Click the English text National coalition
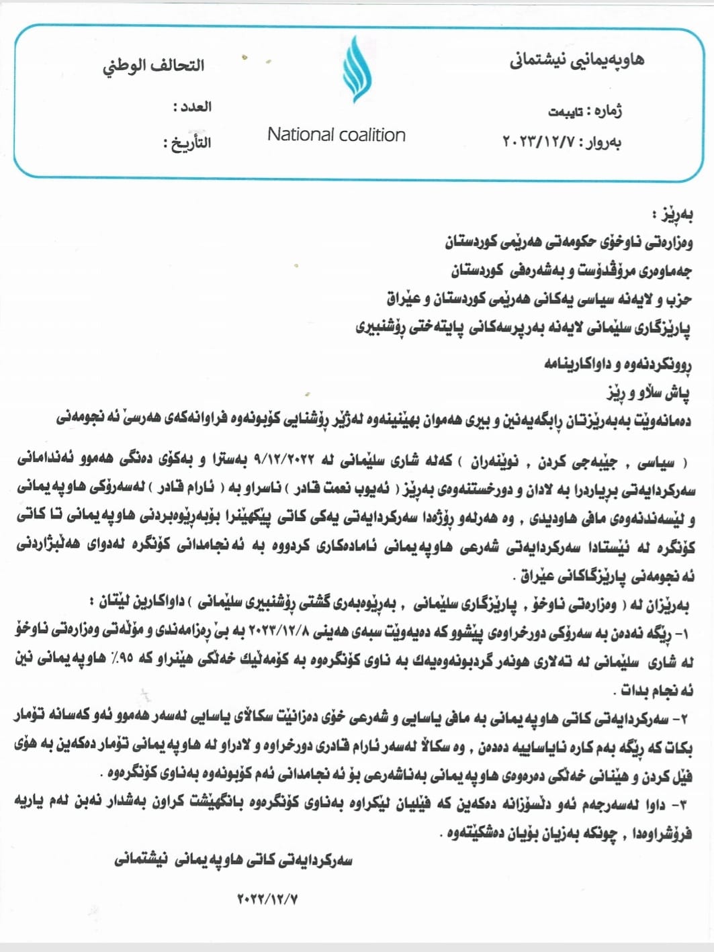(336, 135)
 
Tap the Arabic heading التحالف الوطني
(154, 66)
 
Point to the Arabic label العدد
(193, 107)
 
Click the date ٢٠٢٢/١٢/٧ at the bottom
(267, 898)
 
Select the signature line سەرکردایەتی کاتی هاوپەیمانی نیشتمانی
(233, 860)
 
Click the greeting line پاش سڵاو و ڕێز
(648, 392)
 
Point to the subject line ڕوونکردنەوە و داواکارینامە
(617, 364)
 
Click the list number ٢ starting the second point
(684, 719)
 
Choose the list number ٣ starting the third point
(684, 804)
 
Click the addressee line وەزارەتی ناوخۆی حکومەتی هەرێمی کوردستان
(568, 241)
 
